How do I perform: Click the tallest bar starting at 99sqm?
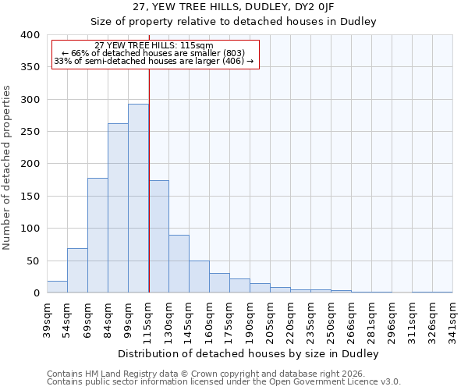(138, 199)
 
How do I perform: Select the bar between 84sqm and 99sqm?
(118, 208)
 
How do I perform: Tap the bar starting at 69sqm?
(97, 236)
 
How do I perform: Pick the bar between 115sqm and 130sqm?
(158, 237)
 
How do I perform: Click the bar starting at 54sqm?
(77, 271)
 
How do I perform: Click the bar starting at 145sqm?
(199, 277)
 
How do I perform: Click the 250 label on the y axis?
(30, 132)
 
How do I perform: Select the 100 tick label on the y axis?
(30, 229)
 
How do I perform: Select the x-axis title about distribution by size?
(250, 353)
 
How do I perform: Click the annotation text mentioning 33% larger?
(154, 61)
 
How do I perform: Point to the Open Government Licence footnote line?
(224, 382)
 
